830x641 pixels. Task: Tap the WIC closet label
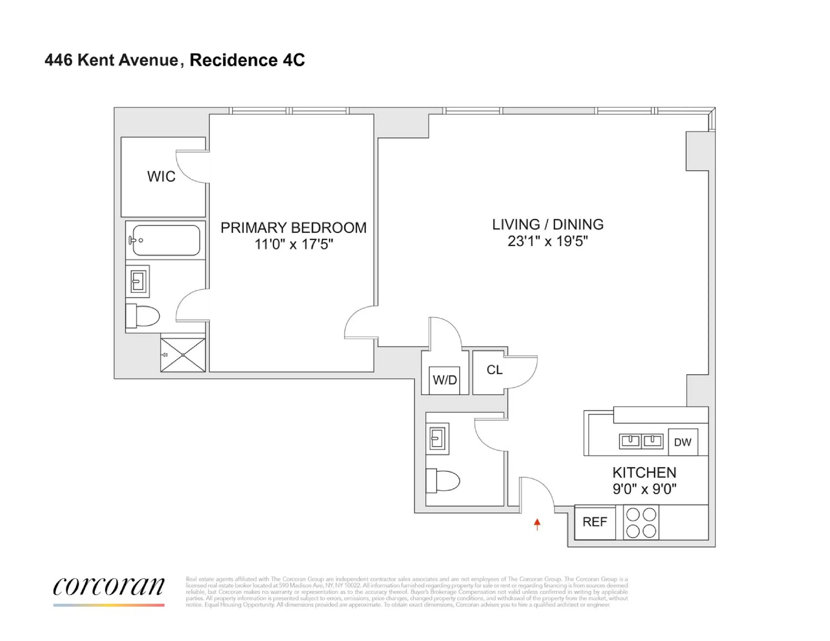pyautogui.click(x=161, y=176)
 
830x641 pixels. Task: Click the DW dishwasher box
pyautogui.click(x=683, y=442)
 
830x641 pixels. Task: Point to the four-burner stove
pyautogui.click(x=641, y=523)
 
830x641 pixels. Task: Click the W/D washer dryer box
pyautogui.click(x=444, y=380)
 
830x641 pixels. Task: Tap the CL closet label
pyautogui.click(x=494, y=370)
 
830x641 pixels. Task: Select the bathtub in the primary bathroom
pyautogui.click(x=166, y=240)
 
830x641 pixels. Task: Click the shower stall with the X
pyautogui.click(x=183, y=355)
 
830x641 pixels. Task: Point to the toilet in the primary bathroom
pyautogui.click(x=143, y=315)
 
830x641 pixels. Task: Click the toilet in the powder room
pyautogui.click(x=443, y=480)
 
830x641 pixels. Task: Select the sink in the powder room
pyautogui.click(x=437, y=439)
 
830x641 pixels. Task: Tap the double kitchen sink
pyautogui.click(x=641, y=441)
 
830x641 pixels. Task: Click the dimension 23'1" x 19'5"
pyautogui.click(x=548, y=241)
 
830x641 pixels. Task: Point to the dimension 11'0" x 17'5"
pyautogui.click(x=293, y=244)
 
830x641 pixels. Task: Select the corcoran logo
pyautogui.click(x=109, y=587)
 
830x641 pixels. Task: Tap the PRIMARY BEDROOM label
pyautogui.click(x=293, y=228)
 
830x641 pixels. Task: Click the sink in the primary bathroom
pyautogui.click(x=138, y=281)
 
